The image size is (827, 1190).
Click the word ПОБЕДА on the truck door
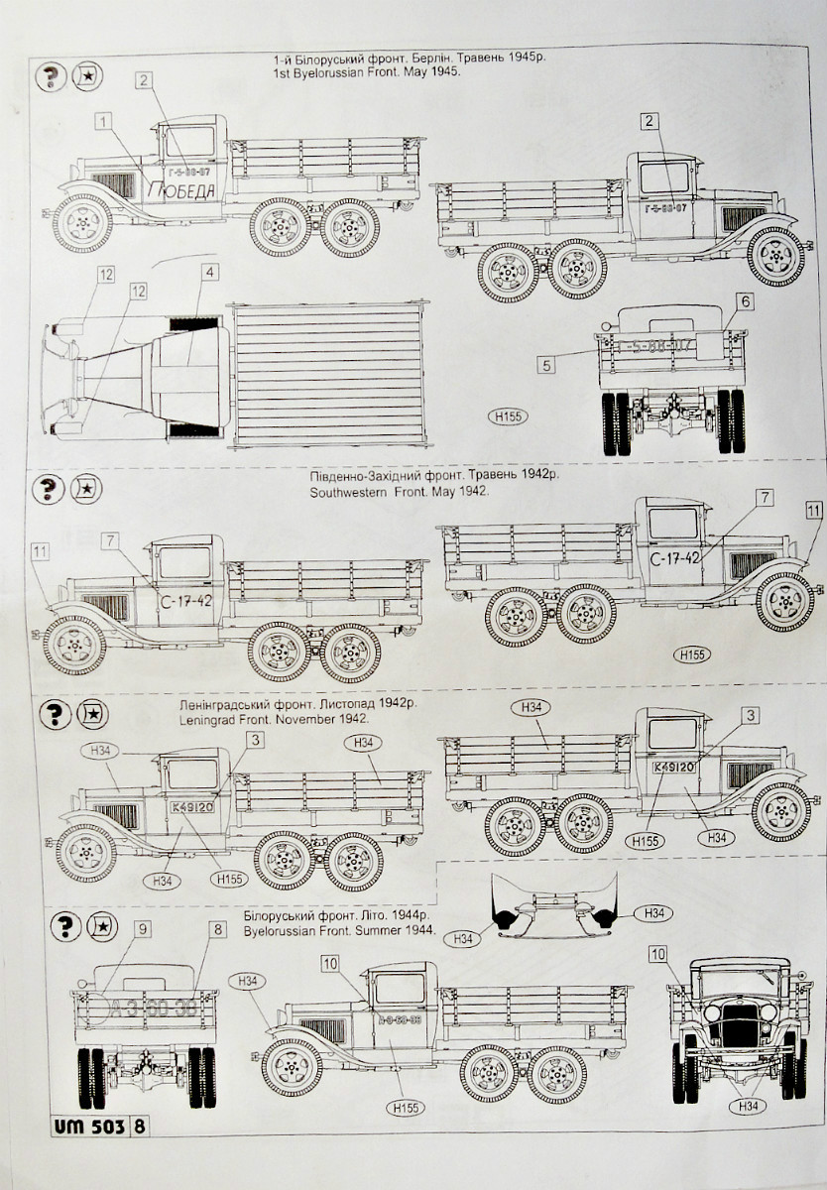(181, 190)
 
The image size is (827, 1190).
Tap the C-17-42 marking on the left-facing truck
(185, 601)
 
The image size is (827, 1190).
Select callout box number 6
(745, 300)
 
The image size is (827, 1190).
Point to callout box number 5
(546, 364)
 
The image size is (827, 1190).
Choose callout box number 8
(217, 929)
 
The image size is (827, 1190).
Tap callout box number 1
(104, 121)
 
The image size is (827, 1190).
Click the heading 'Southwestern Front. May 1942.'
(400, 491)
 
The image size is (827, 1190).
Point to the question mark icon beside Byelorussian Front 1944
(64, 926)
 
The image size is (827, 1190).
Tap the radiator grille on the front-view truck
(739, 1029)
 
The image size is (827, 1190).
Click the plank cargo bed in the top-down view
(330, 375)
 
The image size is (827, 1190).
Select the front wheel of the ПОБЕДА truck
(82, 224)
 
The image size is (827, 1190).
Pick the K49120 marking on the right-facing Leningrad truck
(674, 767)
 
